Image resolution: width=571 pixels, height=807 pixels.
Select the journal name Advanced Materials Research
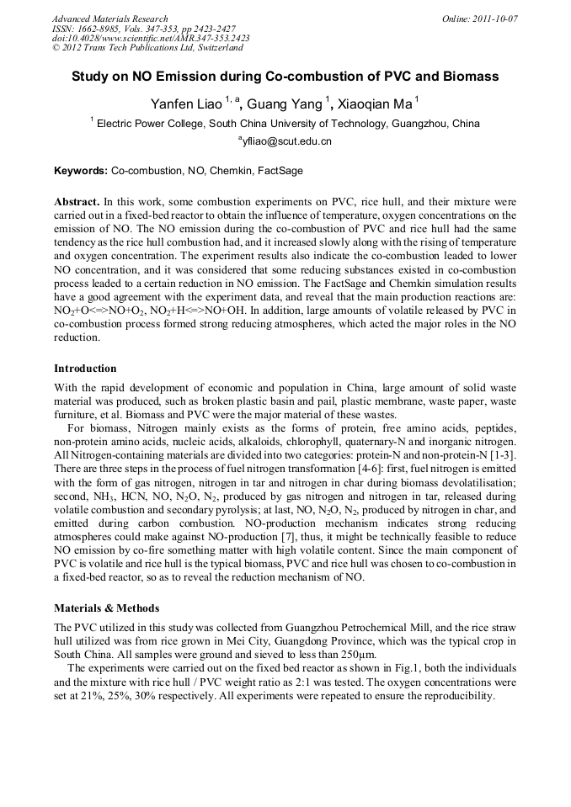click(109, 19)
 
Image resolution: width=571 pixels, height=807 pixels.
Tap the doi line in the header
click(151, 38)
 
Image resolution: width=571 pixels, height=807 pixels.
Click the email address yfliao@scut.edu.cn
click(285, 141)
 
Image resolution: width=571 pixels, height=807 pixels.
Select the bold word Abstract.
click(77, 203)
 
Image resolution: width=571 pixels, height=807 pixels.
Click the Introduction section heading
click(85, 369)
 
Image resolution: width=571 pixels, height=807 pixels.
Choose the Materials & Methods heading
click(106, 608)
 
